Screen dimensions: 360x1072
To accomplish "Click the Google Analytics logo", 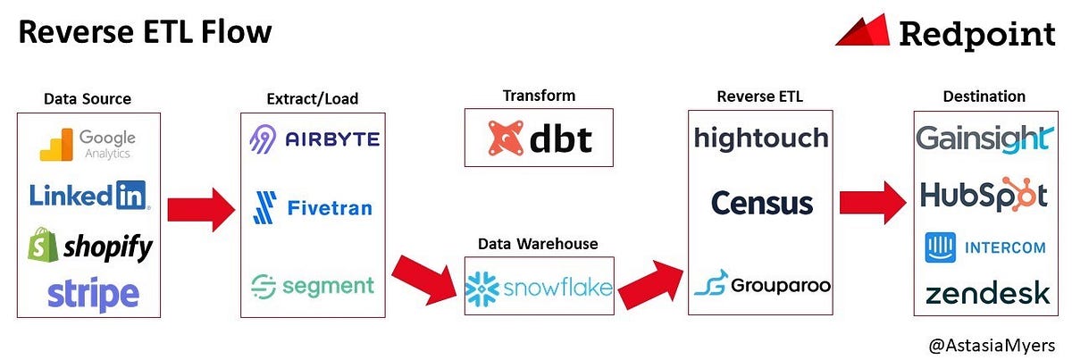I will pyautogui.click(x=88, y=144).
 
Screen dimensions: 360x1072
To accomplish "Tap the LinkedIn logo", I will pyautogui.click(x=88, y=196).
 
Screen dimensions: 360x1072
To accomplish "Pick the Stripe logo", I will pyautogui.click(x=93, y=293).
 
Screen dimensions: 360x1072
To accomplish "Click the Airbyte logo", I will pyautogui.click(x=314, y=139).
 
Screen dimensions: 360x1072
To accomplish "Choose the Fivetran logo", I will pyautogui.click(x=313, y=208).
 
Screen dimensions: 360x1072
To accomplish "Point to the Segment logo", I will pyautogui.click(x=313, y=286).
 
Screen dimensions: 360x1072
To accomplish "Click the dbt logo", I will pyautogui.click(x=539, y=138).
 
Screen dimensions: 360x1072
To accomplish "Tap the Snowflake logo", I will pyautogui.click(x=539, y=287).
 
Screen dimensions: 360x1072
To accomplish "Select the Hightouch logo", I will pyautogui.click(x=760, y=138).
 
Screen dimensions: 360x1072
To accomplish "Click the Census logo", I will pyautogui.click(x=762, y=203).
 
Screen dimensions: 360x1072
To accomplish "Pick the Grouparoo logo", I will pyautogui.click(x=762, y=285).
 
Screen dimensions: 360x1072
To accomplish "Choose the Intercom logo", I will pyautogui.click(x=984, y=247).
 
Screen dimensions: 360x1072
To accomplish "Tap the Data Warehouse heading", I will pyautogui.click(x=538, y=243).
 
